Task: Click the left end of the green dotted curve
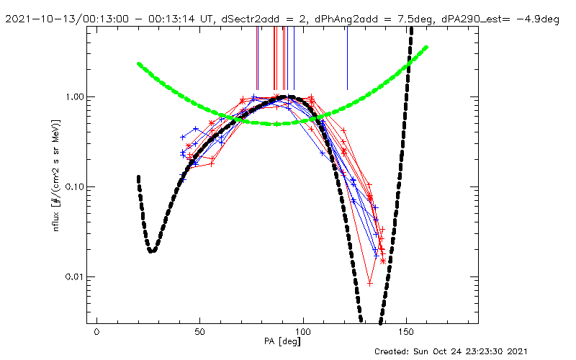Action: (x=139, y=63)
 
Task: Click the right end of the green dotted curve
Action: (x=427, y=48)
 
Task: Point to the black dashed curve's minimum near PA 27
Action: (x=152, y=251)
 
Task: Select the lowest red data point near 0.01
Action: (x=369, y=283)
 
